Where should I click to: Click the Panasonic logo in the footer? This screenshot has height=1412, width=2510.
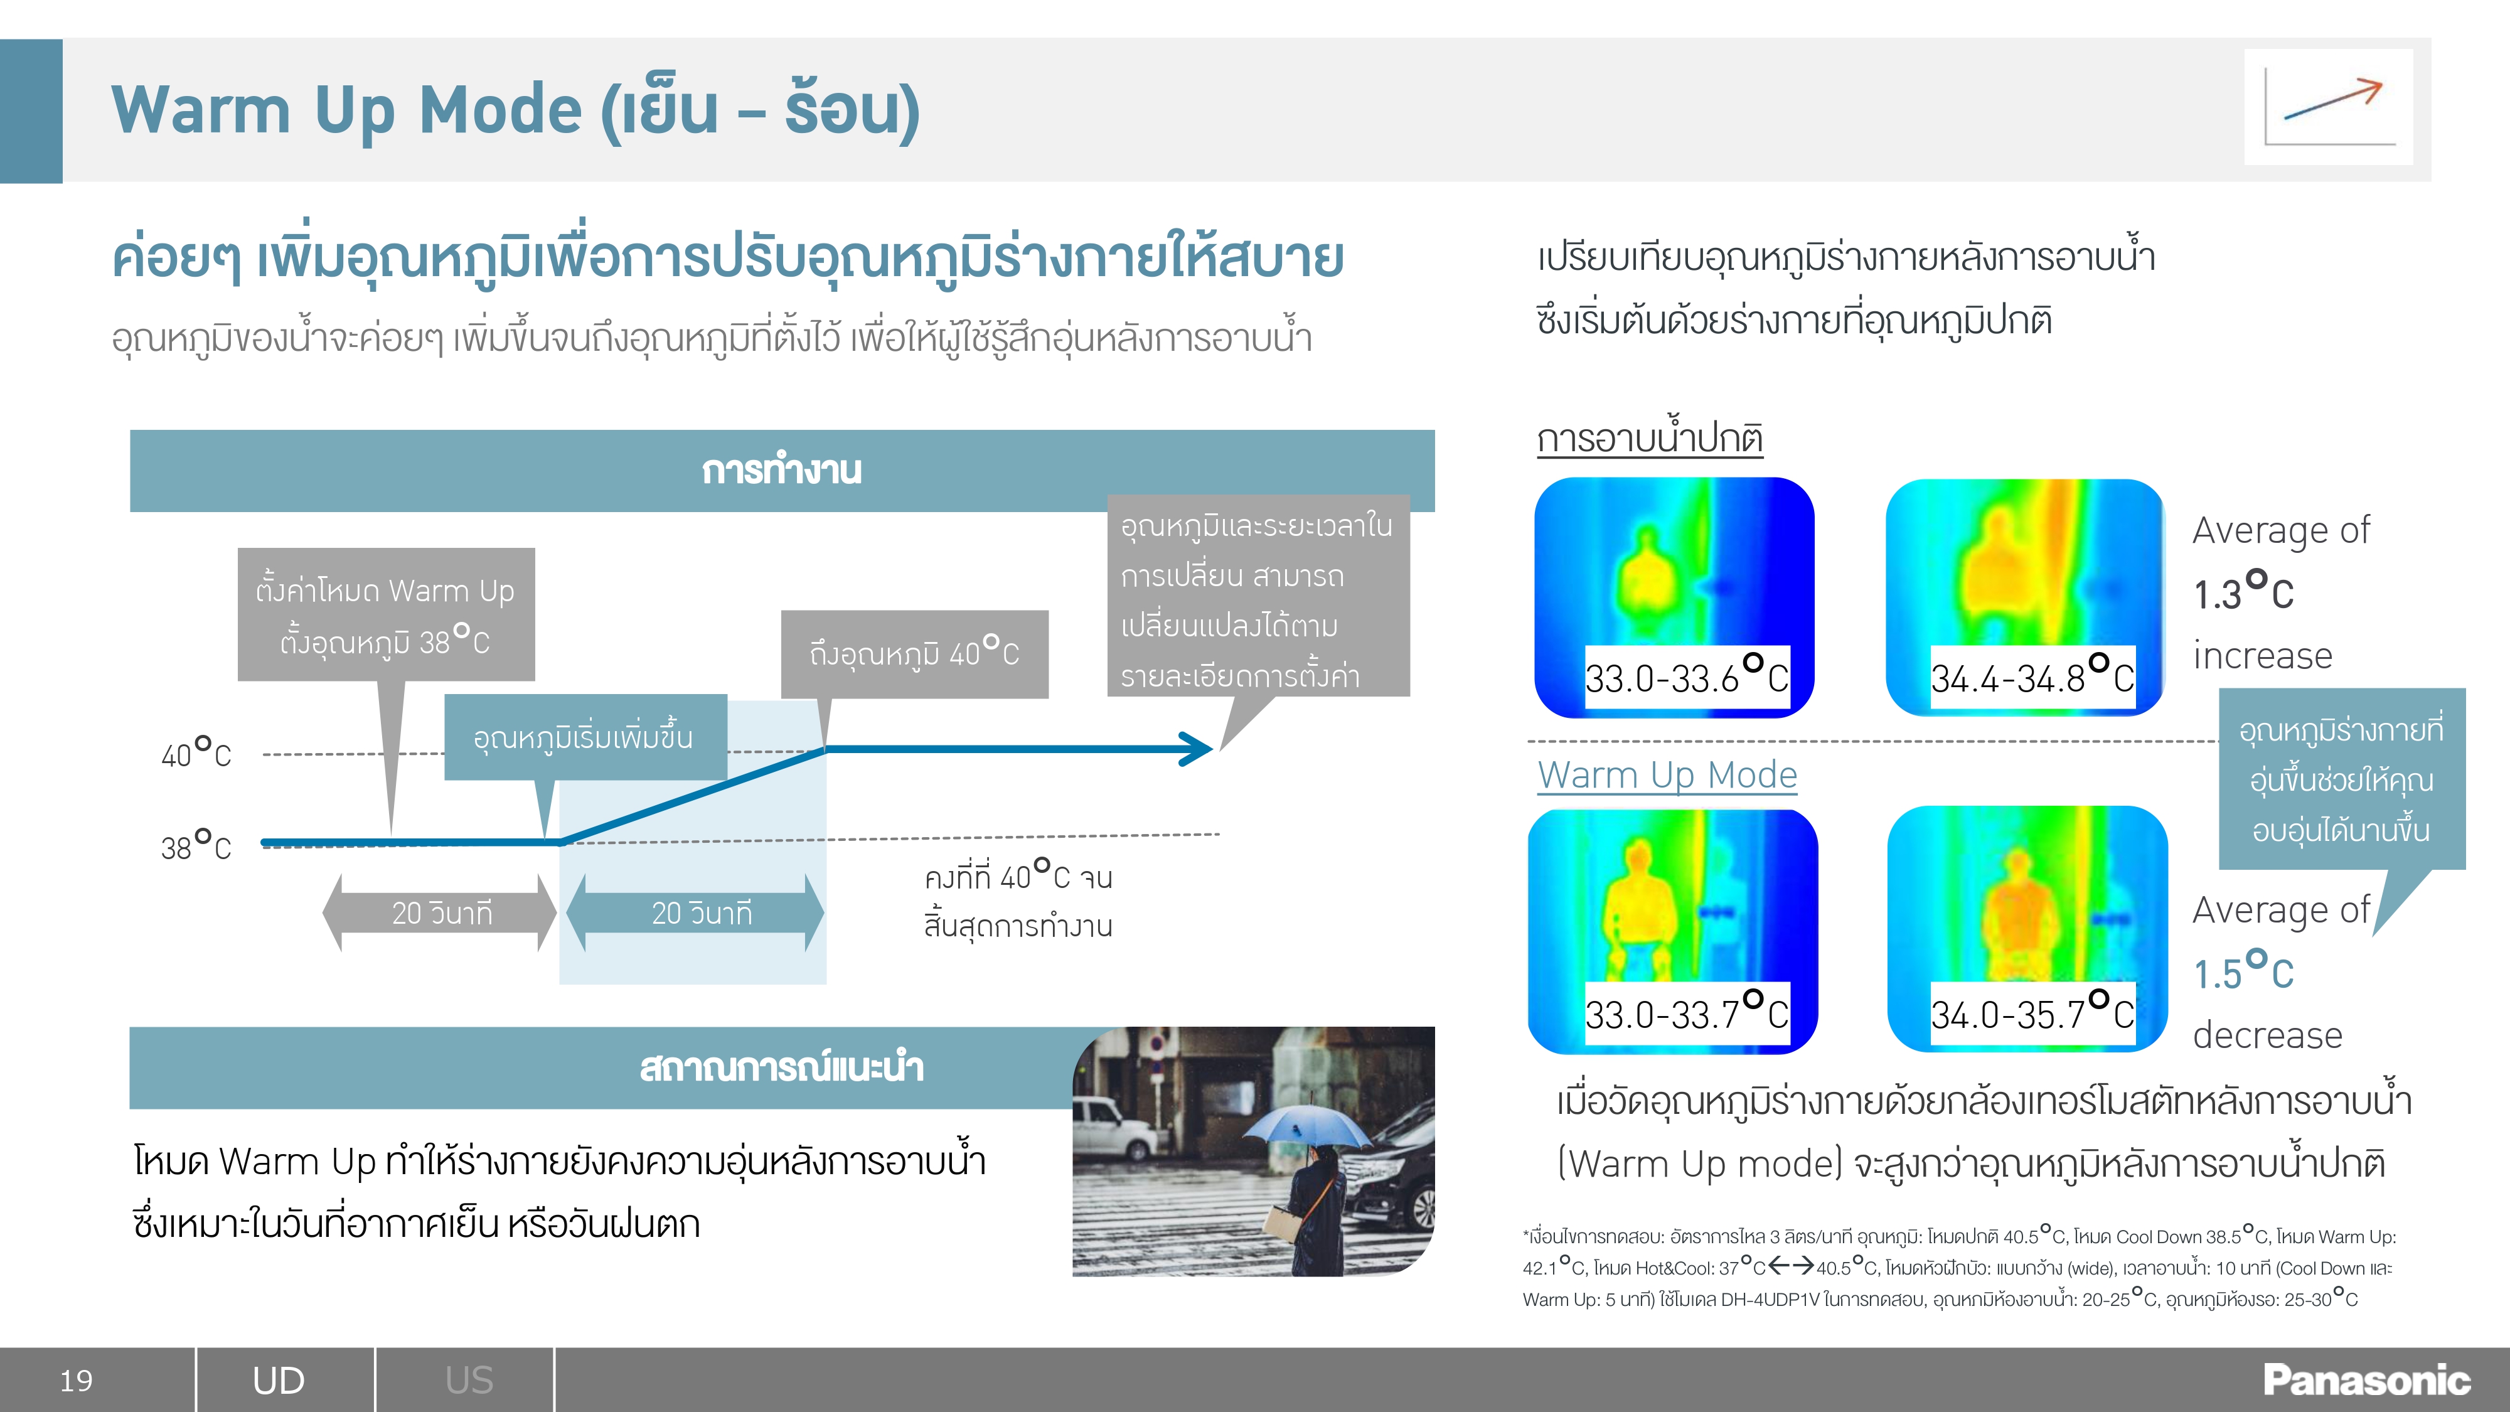pyautogui.click(x=2366, y=1380)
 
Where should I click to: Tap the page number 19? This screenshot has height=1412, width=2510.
pyautogui.click(x=76, y=1381)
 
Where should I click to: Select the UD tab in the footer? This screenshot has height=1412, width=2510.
pyautogui.click(x=279, y=1381)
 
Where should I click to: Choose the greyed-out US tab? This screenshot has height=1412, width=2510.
pyautogui.click(x=469, y=1381)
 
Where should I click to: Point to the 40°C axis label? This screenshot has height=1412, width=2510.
pyautogui.click(x=196, y=752)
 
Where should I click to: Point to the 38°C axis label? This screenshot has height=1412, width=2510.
pyautogui.click(x=196, y=845)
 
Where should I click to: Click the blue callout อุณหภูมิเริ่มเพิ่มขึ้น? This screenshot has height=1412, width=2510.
pyautogui.click(x=585, y=737)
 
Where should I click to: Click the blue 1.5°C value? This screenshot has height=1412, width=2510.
pyautogui.click(x=2243, y=971)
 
